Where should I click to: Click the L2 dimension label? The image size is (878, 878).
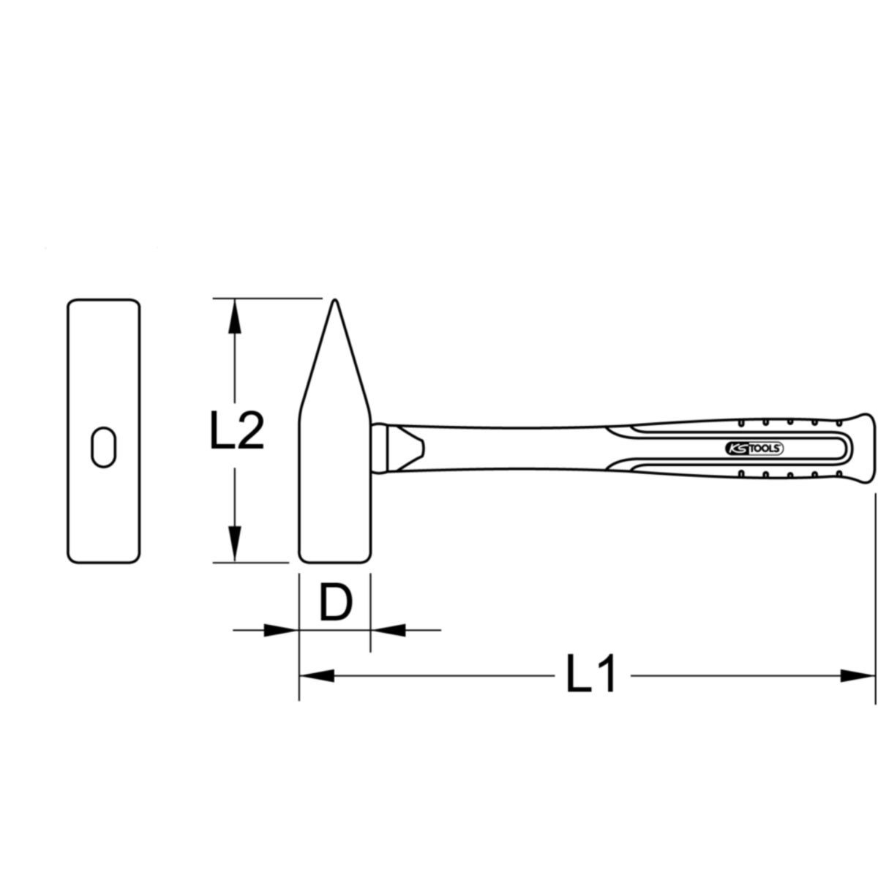click(237, 430)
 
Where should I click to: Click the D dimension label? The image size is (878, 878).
click(337, 603)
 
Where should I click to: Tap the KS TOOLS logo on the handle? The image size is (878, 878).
click(754, 449)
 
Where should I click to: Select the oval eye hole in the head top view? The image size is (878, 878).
click(104, 447)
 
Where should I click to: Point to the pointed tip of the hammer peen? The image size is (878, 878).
click(334, 300)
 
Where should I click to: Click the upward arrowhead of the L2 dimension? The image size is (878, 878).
click(234, 317)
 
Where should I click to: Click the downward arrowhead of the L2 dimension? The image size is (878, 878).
click(234, 544)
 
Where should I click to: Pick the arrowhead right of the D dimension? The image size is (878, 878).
click(388, 630)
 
